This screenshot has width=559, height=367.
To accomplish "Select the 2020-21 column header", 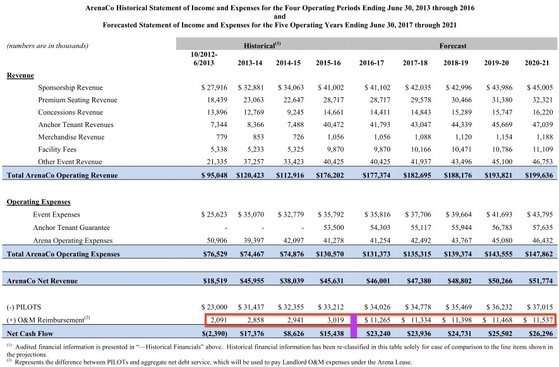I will tap(538, 63).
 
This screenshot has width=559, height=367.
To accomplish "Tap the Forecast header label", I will tap(453, 45).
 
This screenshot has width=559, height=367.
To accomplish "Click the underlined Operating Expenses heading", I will tap(39, 202).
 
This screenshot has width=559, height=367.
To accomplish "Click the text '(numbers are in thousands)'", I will tap(47, 45).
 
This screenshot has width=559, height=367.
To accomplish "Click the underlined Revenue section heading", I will tap(20, 75).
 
